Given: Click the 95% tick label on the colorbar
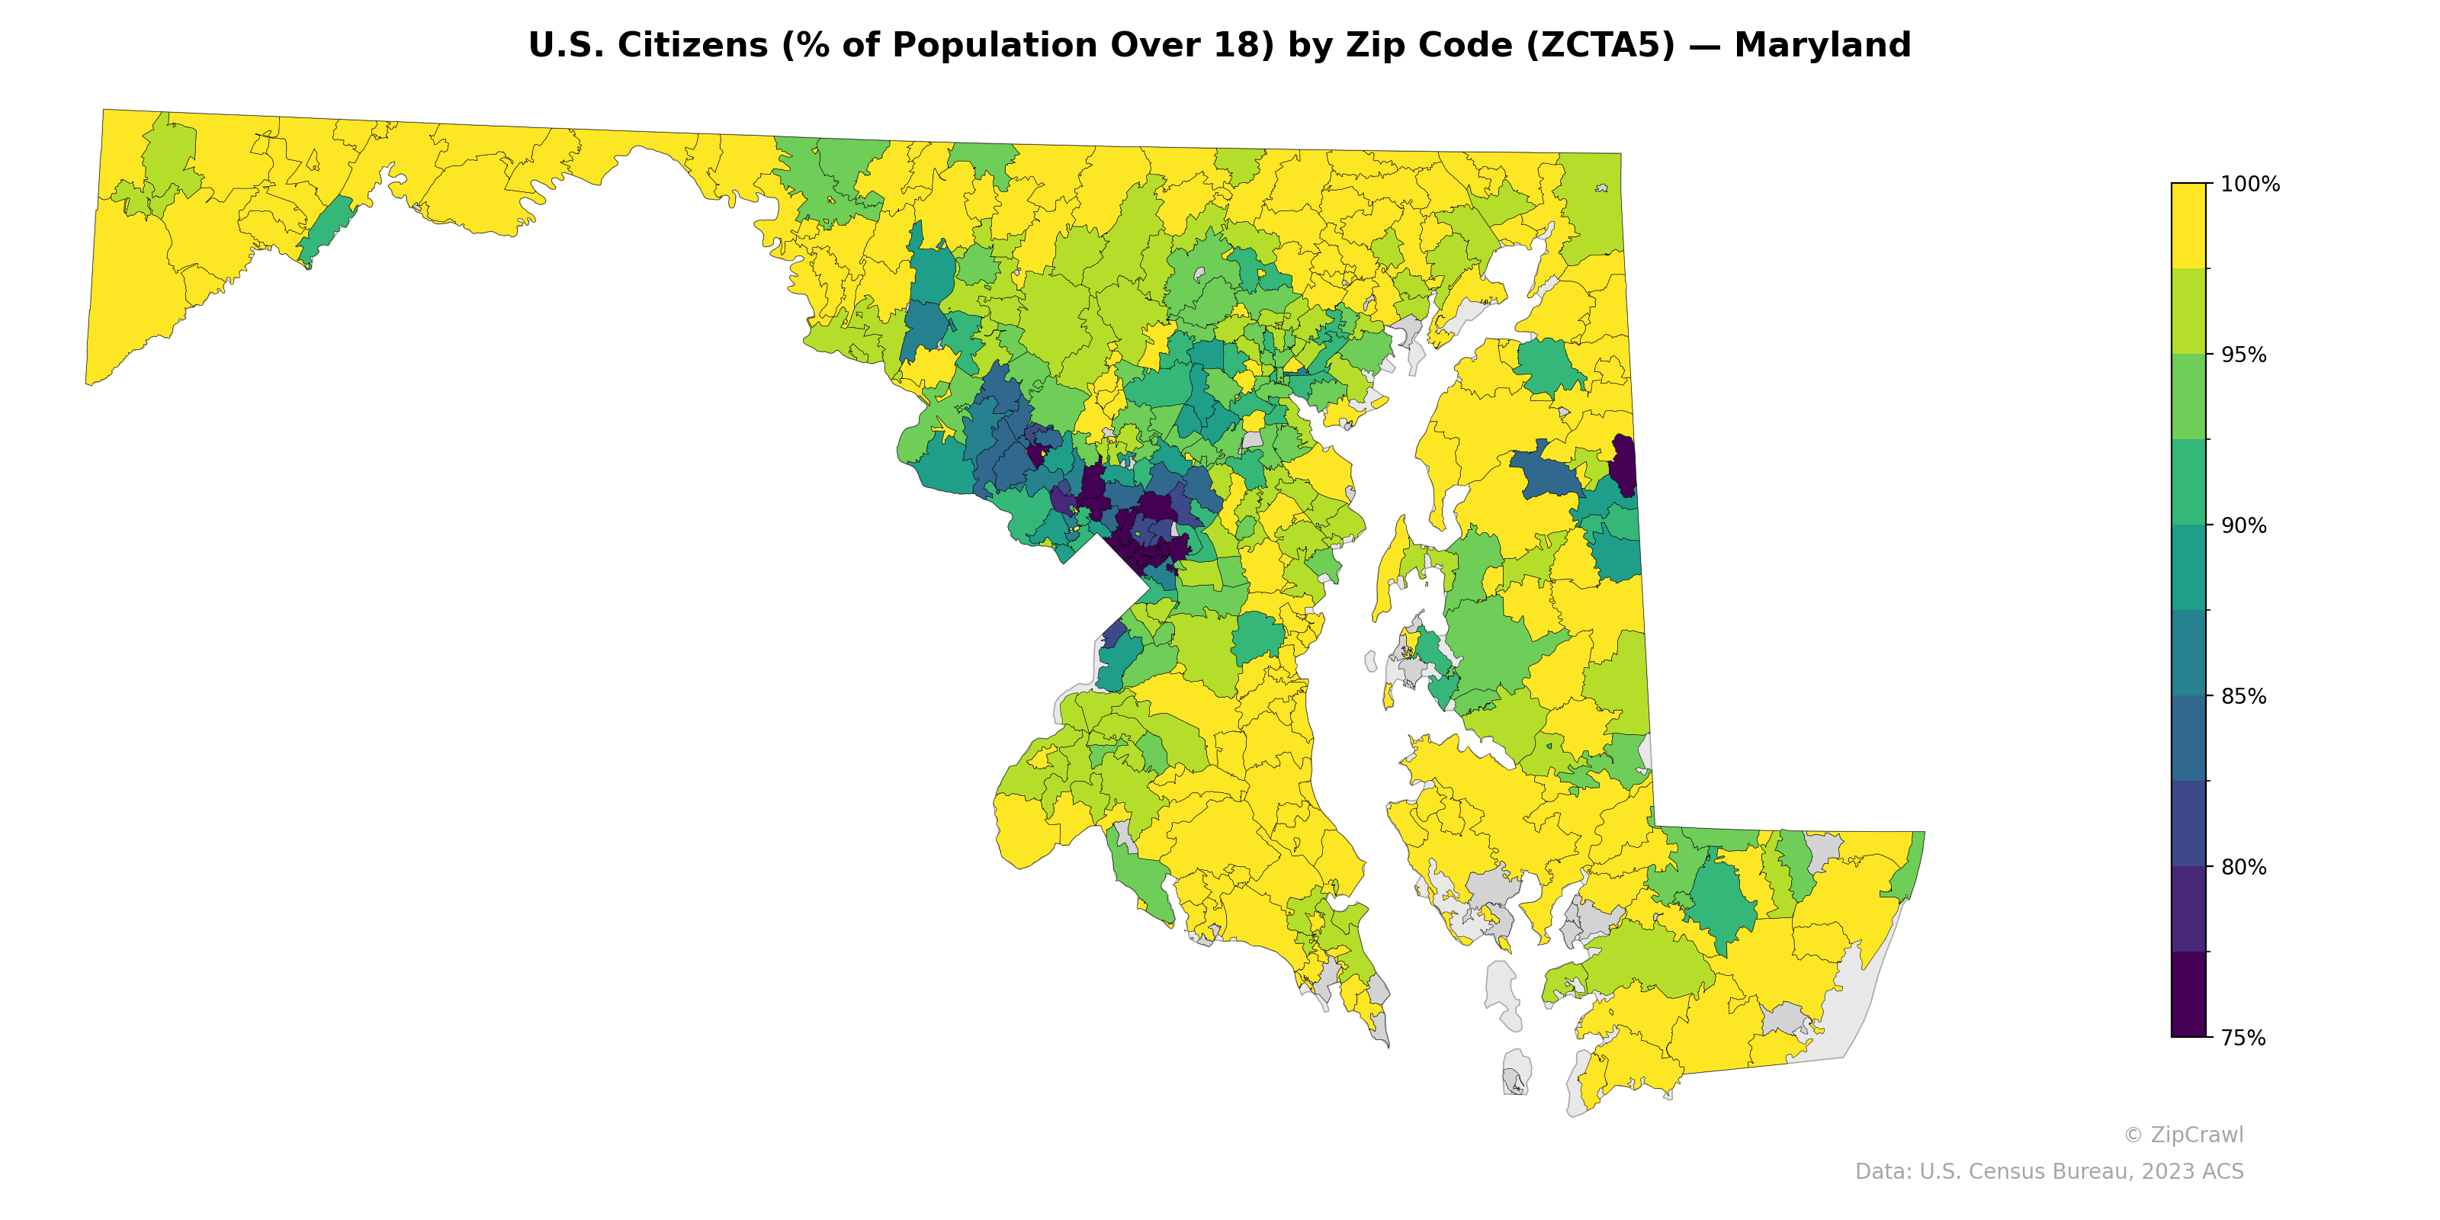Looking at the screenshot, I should pyautogui.click(x=2243, y=355).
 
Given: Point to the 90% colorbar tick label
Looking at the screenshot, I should pyautogui.click(x=2243, y=525).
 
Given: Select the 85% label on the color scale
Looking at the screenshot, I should pyautogui.click(x=2243, y=696).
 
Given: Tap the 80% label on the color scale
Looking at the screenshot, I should pyautogui.click(x=2243, y=867).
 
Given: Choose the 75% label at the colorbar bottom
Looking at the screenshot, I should pyautogui.click(x=2243, y=1038).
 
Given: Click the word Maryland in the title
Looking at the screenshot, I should pyautogui.click(x=1822, y=46).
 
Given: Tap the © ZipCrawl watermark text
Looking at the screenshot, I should pyautogui.click(x=2183, y=1135).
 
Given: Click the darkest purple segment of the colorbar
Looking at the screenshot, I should pyautogui.click(x=2188, y=994).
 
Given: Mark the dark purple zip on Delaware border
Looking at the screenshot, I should pyautogui.click(x=1623, y=464).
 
